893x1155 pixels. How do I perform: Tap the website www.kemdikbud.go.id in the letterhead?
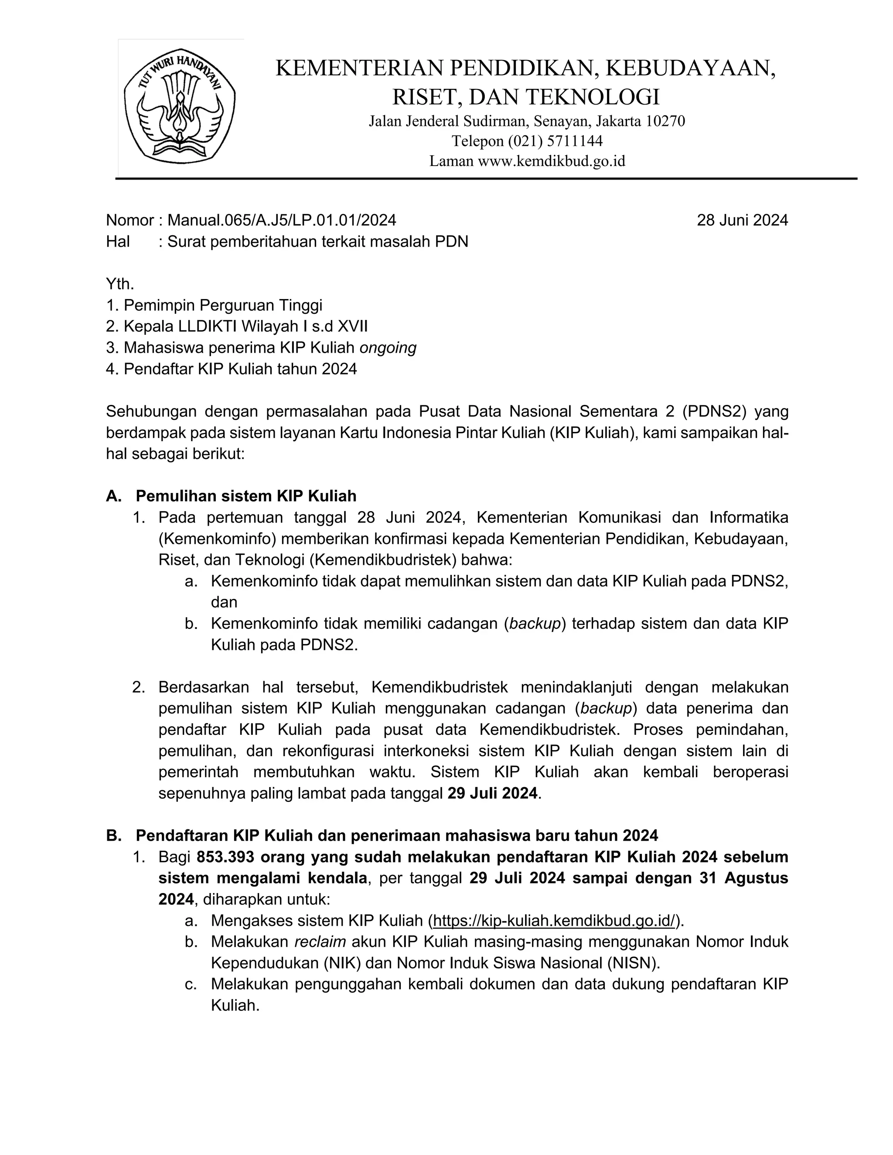[x=551, y=161]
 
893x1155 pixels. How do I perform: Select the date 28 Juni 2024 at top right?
[x=742, y=220]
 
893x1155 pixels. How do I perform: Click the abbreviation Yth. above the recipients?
[x=119, y=284]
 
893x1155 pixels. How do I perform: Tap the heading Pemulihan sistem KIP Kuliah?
[x=245, y=496]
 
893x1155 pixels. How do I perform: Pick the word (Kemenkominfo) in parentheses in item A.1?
[x=218, y=538]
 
